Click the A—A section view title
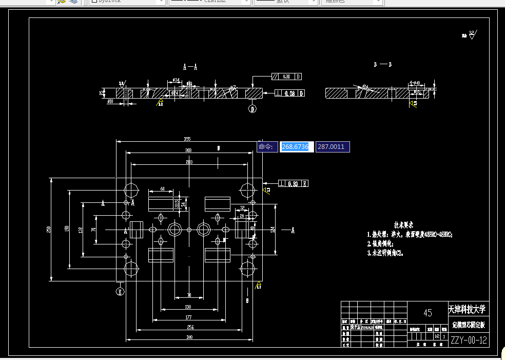(190, 67)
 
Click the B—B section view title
(383, 65)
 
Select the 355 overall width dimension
(187, 139)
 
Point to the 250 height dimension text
(49, 230)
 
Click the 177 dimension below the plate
(188, 318)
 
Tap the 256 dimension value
(190, 328)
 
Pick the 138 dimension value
(188, 307)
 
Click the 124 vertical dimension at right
(272, 229)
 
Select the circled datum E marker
(120, 291)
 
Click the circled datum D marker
(252, 108)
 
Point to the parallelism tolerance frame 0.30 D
(286, 77)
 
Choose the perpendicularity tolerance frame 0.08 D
(290, 93)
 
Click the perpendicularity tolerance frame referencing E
(293, 183)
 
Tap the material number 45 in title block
(428, 313)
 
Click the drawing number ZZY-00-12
(469, 340)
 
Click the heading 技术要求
(403, 225)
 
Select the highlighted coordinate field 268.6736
(295, 147)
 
